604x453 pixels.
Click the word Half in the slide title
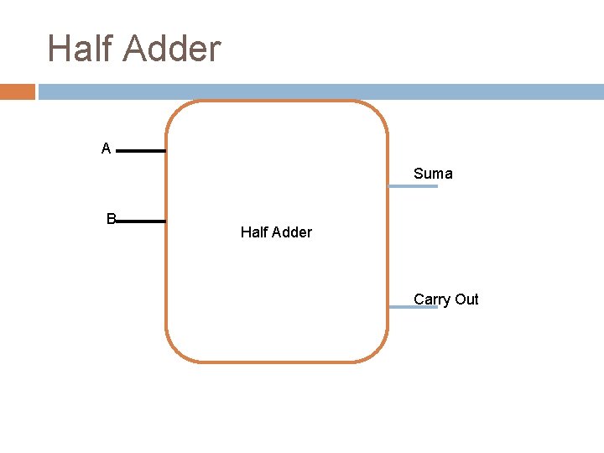pos(81,48)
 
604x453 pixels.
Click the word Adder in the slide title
pos(171,48)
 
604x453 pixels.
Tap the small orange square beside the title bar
pos(17,91)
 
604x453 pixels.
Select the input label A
pos(106,149)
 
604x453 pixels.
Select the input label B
pos(111,219)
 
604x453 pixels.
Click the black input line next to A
pos(141,151)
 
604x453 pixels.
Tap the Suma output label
pos(433,174)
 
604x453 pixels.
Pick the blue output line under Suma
pos(414,186)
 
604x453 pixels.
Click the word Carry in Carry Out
pos(432,299)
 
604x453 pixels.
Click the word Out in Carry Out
pos(466,299)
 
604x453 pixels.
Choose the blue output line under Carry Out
pos(414,308)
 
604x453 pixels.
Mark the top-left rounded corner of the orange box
pos(175,111)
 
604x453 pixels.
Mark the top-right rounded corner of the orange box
pos(378,111)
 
